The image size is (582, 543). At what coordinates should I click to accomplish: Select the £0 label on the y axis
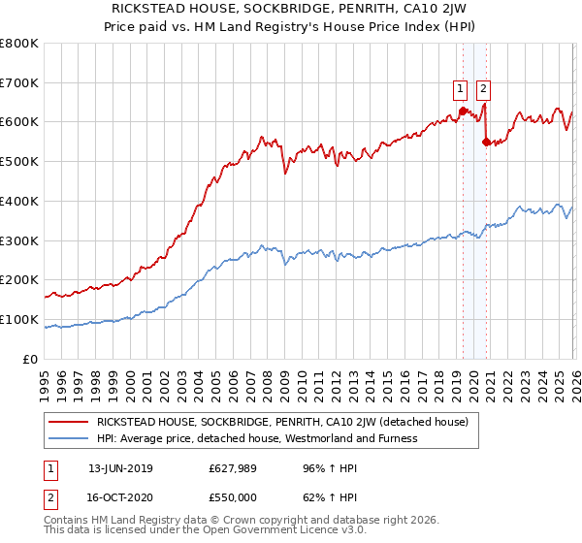coord(30,359)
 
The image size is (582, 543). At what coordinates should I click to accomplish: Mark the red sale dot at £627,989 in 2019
coord(463,111)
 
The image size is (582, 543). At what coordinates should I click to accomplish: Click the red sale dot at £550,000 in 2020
coord(486,142)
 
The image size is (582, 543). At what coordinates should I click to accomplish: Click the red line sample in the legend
coord(69,422)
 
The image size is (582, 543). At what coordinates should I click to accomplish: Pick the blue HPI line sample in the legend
coord(69,438)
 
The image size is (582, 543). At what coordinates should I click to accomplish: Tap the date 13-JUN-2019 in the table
coord(120,467)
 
